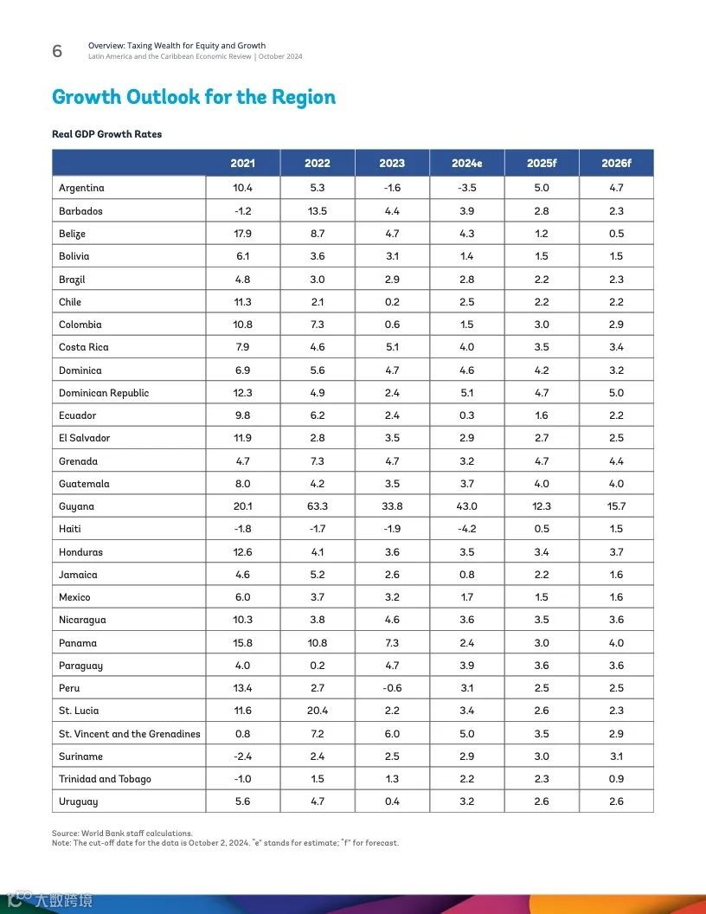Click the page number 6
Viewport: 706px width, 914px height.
pyautogui.click(x=57, y=51)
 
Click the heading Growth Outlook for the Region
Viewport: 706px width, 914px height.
pyautogui.click(x=194, y=97)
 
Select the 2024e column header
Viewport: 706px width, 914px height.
pyautogui.click(x=467, y=163)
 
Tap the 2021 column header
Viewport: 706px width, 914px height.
pyautogui.click(x=242, y=163)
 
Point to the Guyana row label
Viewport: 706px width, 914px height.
pyautogui.click(x=77, y=506)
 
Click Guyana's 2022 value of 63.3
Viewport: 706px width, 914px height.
pyautogui.click(x=318, y=506)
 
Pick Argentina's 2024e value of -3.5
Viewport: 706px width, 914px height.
pyautogui.click(x=467, y=188)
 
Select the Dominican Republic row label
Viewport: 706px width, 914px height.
pyautogui.click(x=104, y=393)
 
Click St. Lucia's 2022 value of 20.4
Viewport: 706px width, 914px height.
pyautogui.click(x=318, y=711)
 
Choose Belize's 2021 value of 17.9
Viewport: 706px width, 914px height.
pyautogui.click(x=242, y=234)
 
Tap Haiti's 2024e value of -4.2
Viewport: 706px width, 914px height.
pyautogui.click(x=467, y=529)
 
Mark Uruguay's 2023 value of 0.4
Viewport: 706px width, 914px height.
pyautogui.click(x=392, y=801)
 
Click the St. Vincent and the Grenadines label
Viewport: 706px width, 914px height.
pyautogui.click(x=130, y=734)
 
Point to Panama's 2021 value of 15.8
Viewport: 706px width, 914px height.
pyautogui.click(x=242, y=643)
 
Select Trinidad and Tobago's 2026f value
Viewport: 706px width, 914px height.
pyautogui.click(x=616, y=779)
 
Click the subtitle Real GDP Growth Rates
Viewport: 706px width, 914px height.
pyautogui.click(x=107, y=134)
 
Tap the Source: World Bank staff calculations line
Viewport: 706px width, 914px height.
pyautogui.click(x=122, y=834)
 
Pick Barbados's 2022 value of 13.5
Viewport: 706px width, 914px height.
pyautogui.click(x=318, y=211)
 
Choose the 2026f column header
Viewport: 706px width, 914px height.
pyautogui.click(x=616, y=163)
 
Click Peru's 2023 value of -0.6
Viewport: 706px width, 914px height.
pyautogui.click(x=392, y=688)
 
